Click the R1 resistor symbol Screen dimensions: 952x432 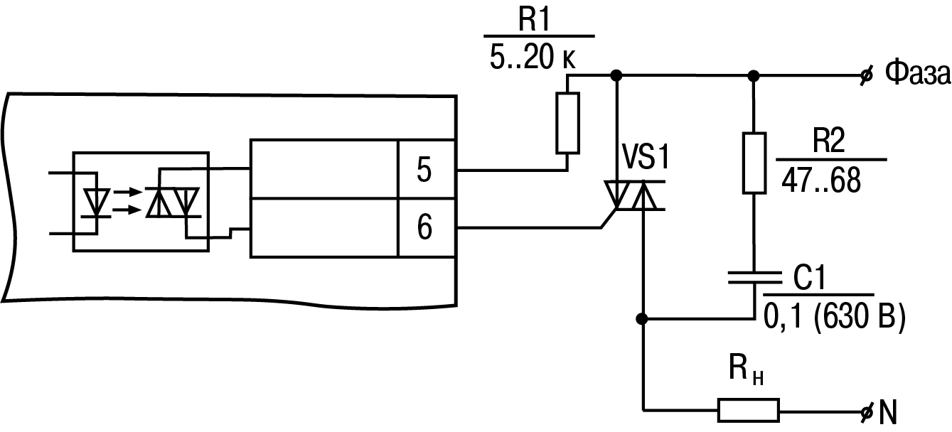567,123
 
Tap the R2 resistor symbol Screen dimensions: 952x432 754,163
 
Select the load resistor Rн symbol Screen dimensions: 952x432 749,411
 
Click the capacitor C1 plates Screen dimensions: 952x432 754,277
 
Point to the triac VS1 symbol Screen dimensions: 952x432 634,195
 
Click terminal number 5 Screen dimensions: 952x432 424,170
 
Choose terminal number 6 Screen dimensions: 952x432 424,227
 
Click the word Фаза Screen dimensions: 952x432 917,73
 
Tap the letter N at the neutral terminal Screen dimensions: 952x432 887,412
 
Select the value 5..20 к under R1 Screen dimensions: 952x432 533,57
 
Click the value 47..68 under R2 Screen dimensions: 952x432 821,180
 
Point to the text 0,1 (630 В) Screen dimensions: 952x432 835,316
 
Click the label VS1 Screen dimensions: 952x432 646,157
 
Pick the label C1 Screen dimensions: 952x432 809,277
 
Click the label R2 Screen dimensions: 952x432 828,140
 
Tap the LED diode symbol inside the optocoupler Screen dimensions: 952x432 97,203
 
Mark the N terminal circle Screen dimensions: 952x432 866,411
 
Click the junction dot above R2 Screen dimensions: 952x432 753,76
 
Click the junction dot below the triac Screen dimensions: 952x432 642,318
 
